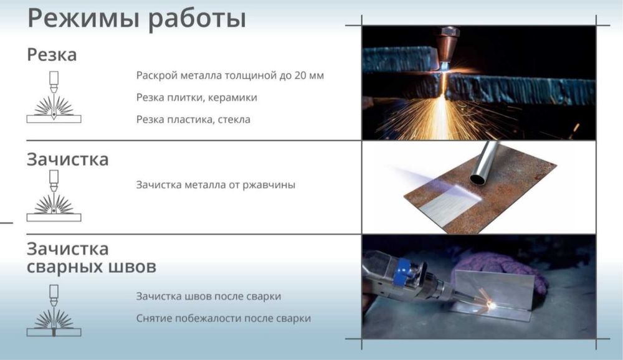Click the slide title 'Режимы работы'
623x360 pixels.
point(136,19)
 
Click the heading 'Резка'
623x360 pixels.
point(52,55)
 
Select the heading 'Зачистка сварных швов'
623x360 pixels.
point(91,258)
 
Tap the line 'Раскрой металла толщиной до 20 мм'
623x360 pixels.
point(230,76)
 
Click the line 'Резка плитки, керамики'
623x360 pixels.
point(196,98)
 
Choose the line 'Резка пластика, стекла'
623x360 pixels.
point(193,119)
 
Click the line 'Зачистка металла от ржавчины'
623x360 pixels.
point(216,185)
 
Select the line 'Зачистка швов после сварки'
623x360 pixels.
point(208,296)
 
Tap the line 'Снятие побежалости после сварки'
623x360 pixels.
point(223,318)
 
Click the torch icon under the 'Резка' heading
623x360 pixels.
point(54,97)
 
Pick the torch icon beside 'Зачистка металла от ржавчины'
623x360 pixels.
point(54,196)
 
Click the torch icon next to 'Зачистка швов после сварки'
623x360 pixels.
point(54,311)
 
